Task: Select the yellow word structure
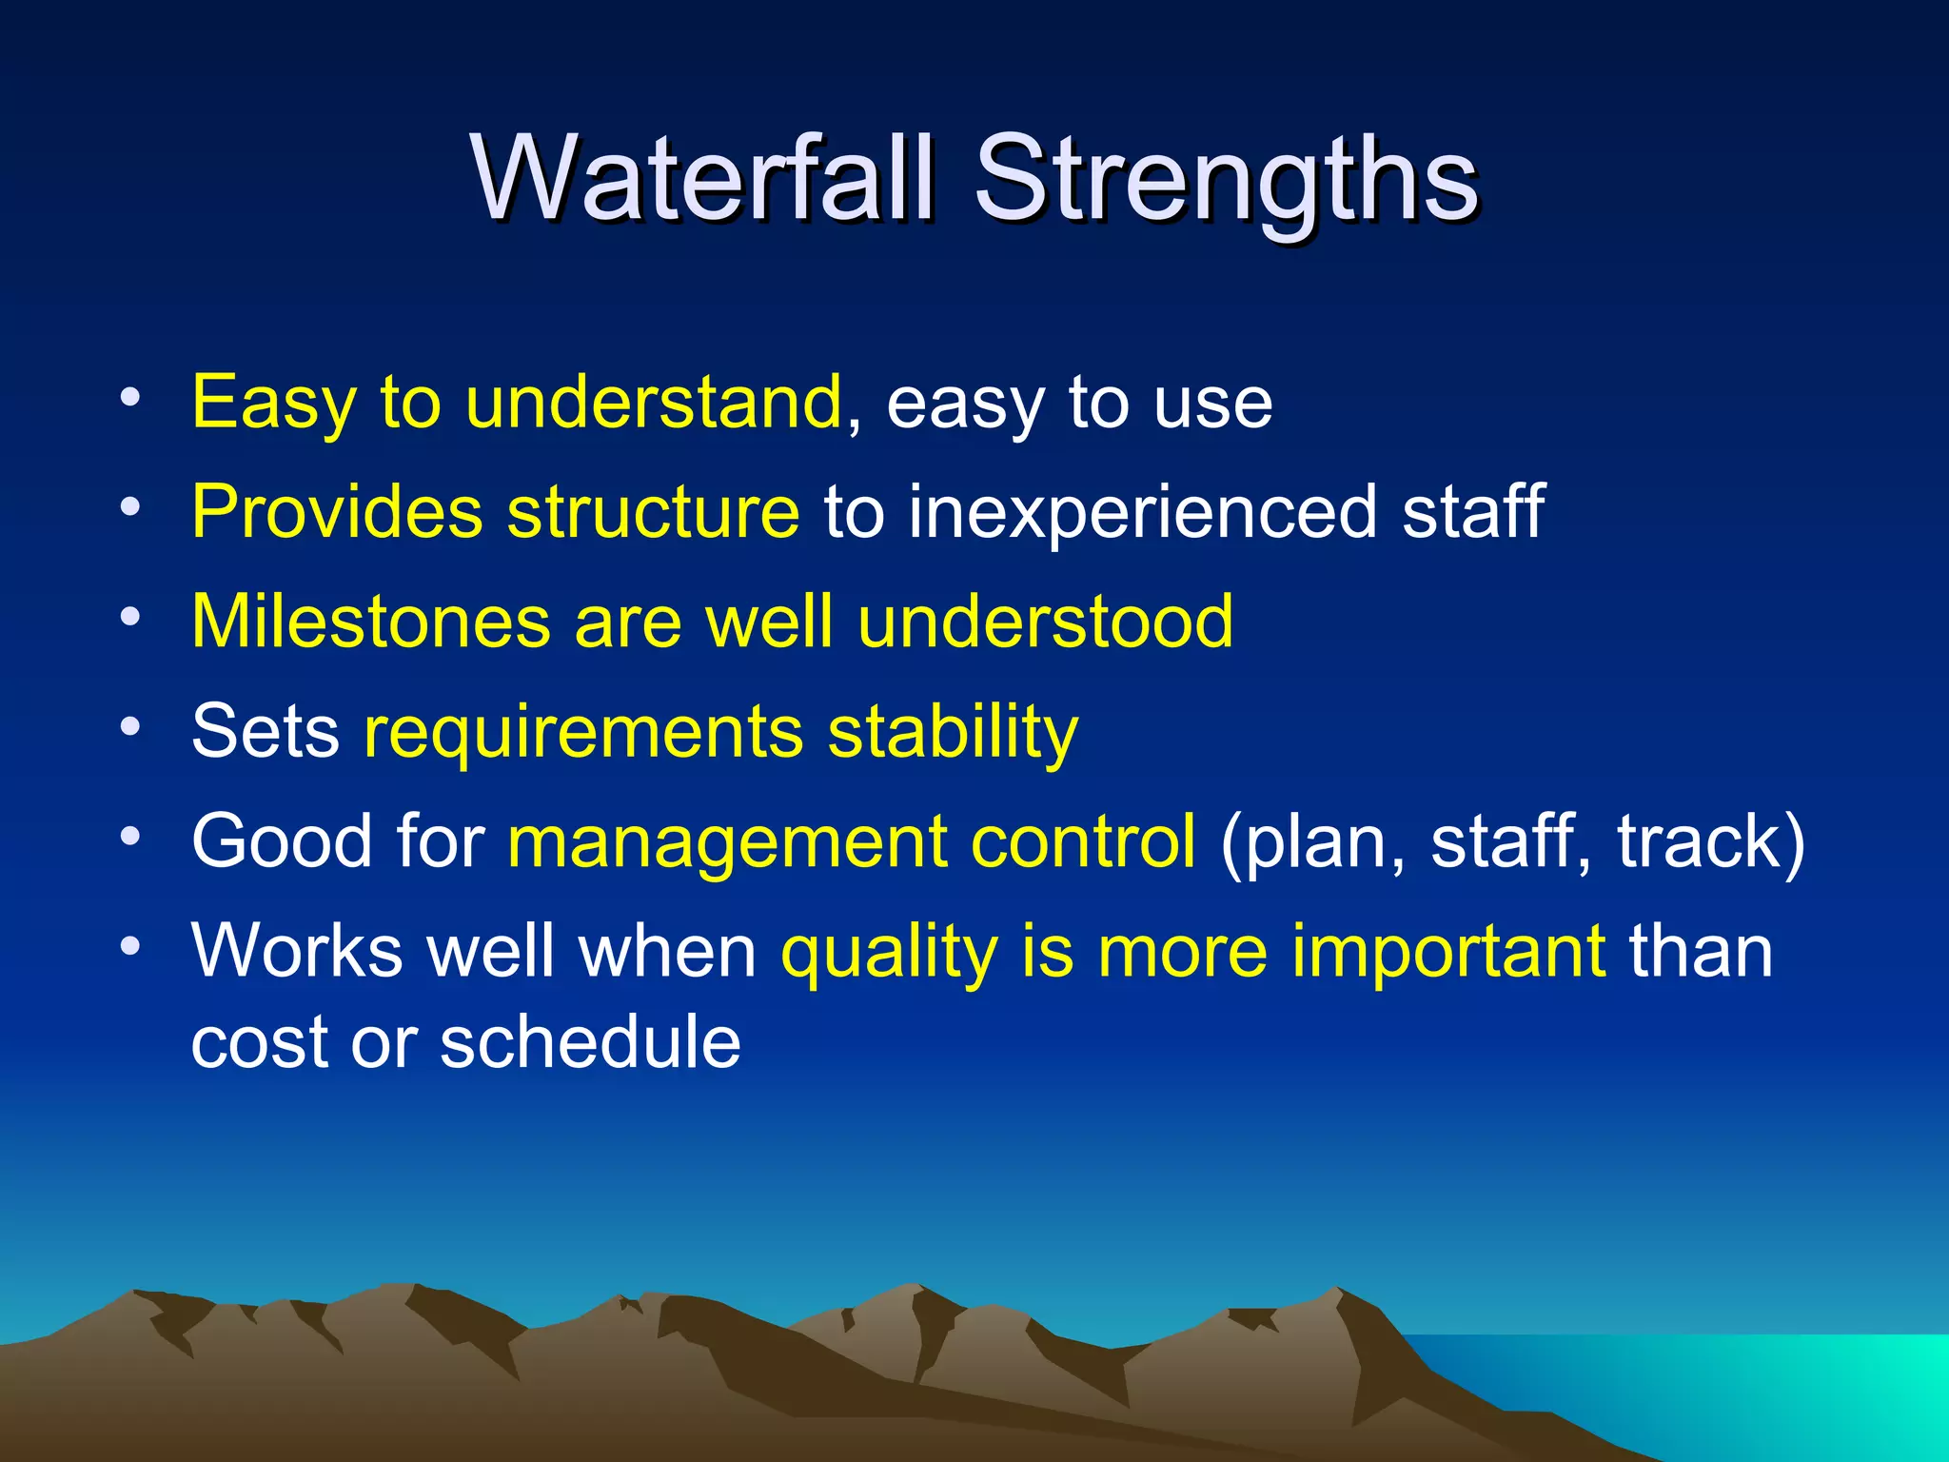pyautogui.click(x=653, y=512)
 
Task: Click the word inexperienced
pyautogui.click(x=1142, y=512)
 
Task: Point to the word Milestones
pyautogui.click(x=371, y=622)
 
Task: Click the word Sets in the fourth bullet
pyautogui.click(x=265, y=731)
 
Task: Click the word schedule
pyautogui.click(x=590, y=1042)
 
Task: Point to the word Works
pyautogui.click(x=297, y=950)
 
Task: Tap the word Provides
pyautogui.click(x=337, y=512)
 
